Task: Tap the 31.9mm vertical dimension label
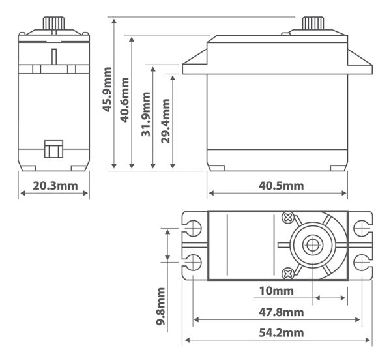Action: click(147, 115)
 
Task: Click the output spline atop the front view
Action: click(54, 23)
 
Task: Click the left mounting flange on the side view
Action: click(195, 66)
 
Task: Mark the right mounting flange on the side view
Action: click(359, 66)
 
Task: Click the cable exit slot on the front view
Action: click(53, 149)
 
